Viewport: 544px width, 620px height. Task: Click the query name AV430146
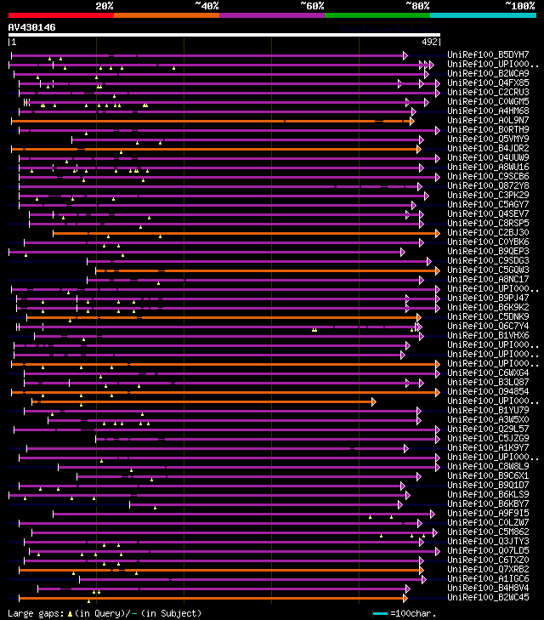coord(31,27)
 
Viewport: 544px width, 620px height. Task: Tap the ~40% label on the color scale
coord(207,6)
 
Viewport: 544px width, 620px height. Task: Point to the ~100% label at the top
coord(519,6)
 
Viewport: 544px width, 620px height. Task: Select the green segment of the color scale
coord(377,14)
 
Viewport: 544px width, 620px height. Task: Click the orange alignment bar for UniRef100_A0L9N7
coord(212,121)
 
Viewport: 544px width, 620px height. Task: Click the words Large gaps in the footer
coord(34,613)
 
